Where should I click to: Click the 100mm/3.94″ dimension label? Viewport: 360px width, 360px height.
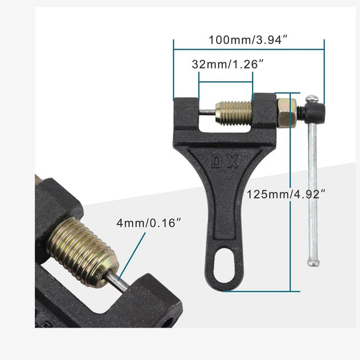tap(248, 40)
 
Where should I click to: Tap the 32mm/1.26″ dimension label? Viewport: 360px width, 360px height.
tap(228, 64)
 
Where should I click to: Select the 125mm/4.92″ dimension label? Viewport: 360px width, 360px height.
tap(286, 195)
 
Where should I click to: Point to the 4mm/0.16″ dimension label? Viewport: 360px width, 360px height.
tap(149, 223)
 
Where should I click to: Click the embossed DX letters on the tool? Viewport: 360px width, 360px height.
tap(225, 161)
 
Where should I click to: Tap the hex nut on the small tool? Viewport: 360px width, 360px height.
tap(287, 113)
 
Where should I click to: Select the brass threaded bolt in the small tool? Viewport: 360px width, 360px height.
tap(234, 113)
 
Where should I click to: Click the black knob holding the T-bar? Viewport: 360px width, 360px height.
tap(315, 113)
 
